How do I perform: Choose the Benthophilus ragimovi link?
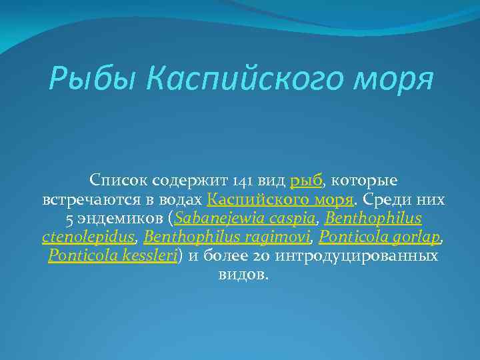228,237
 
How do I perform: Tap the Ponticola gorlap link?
378,237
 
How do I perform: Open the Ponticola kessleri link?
112,256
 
